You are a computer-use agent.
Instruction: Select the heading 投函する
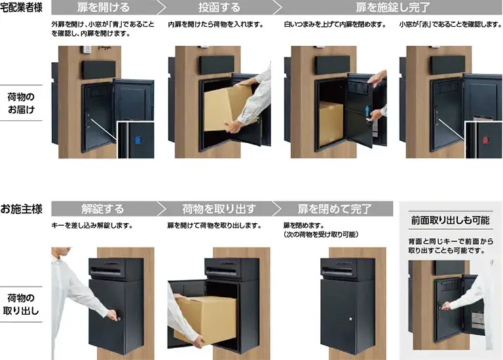click(219, 9)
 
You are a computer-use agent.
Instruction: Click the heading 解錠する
click(103, 209)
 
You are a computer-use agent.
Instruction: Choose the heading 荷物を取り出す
click(219, 209)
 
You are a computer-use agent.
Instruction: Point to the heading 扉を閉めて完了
click(334, 209)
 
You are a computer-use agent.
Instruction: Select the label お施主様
click(22, 209)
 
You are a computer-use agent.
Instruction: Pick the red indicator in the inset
click(485, 139)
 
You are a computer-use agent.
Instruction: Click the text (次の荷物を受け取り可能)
click(317, 234)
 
